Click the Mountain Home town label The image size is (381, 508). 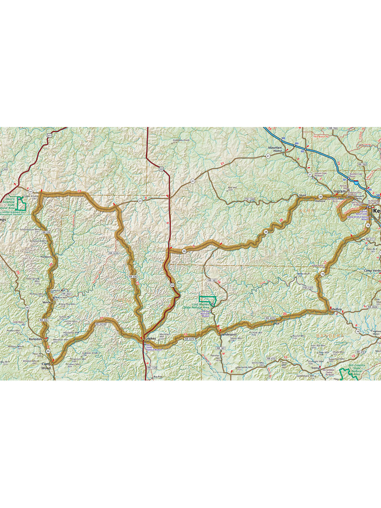[275, 149]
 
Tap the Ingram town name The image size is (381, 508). [339, 192]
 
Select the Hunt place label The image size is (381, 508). [303, 195]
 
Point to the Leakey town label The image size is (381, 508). [151, 338]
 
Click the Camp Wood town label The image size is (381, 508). [47, 366]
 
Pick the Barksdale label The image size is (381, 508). [36, 338]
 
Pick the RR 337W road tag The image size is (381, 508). [101, 324]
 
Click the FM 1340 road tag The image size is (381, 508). [249, 199]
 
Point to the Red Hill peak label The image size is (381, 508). [232, 188]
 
